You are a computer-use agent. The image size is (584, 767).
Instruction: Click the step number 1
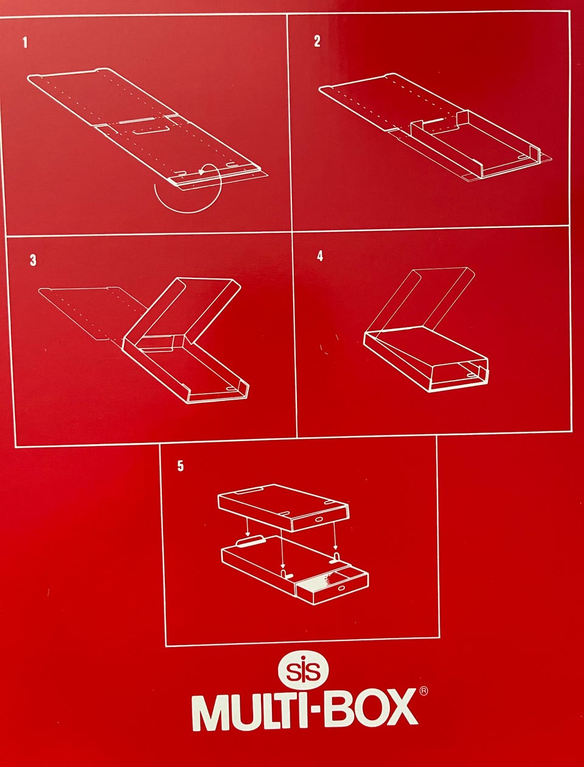click(25, 43)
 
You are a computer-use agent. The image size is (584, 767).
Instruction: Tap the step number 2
click(317, 41)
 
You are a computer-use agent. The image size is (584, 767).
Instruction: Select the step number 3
click(33, 260)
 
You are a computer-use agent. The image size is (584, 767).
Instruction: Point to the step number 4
click(320, 256)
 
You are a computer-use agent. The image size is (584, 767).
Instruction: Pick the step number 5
click(180, 466)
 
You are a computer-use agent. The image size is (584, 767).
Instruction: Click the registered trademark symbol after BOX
click(423, 691)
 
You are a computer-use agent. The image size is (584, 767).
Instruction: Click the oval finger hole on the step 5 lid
click(319, 520)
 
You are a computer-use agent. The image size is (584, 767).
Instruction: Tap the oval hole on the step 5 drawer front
click(342, 589)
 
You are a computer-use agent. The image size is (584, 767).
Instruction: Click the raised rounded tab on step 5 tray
click(251, 542)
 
